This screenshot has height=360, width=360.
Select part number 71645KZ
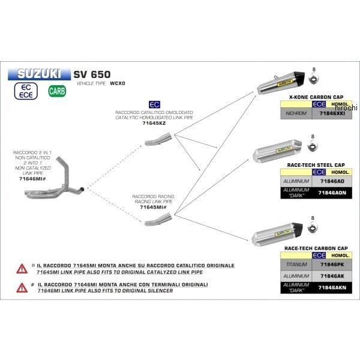(152, 123)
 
